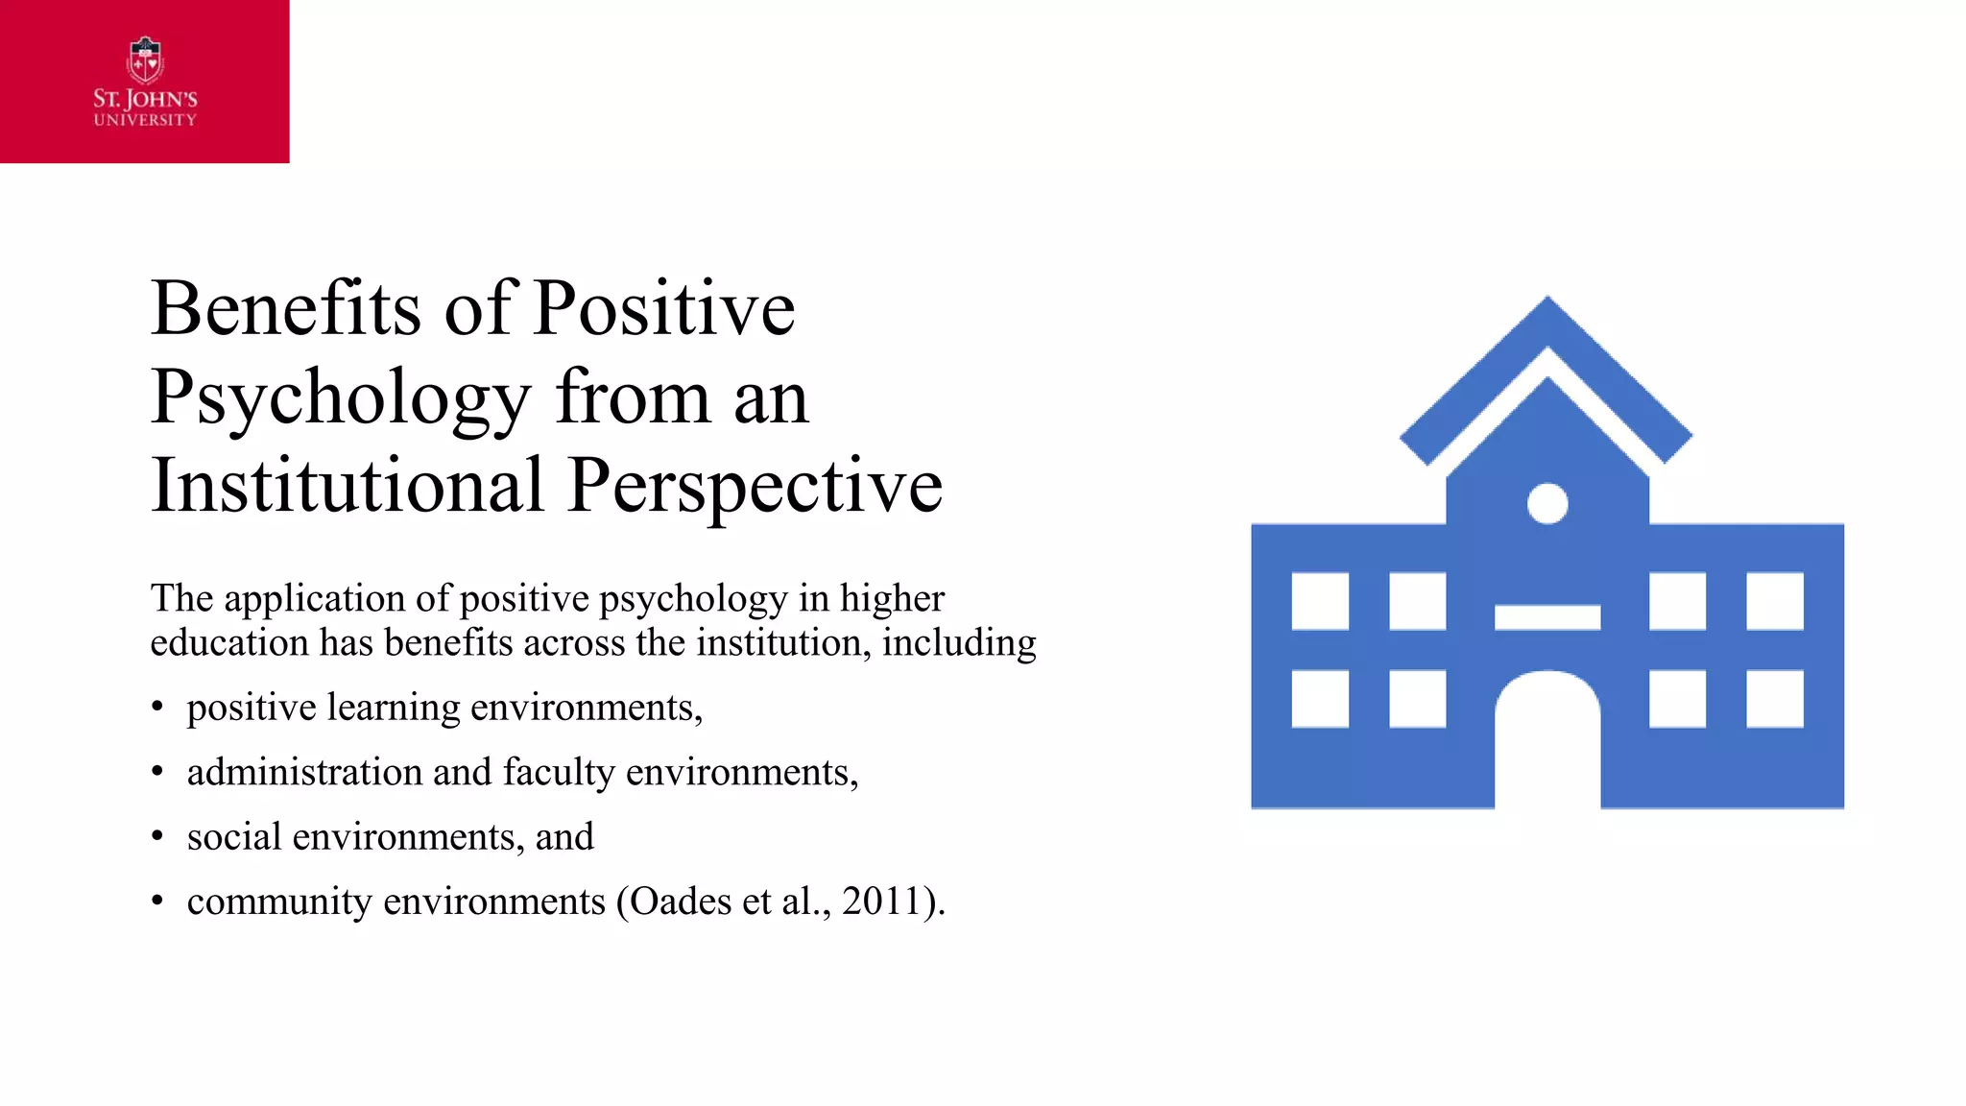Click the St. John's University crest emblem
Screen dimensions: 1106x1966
click(x=145, y=61)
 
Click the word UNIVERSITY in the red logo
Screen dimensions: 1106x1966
click(x=145, y=120)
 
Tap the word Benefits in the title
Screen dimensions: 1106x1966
click(x=285, y=309)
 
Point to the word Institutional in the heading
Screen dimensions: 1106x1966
click(x=348, y=486)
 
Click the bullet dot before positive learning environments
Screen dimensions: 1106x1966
click(x=157, y=709)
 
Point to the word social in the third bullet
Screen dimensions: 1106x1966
click(x=234, y=836)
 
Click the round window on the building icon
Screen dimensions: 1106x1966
click(x=1546, y=503)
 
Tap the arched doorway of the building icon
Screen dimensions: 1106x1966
click(x=1546, y=744)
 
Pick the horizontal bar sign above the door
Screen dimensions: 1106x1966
click(x=1546, y=617)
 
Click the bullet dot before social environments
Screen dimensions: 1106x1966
click(x=157, y=837)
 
